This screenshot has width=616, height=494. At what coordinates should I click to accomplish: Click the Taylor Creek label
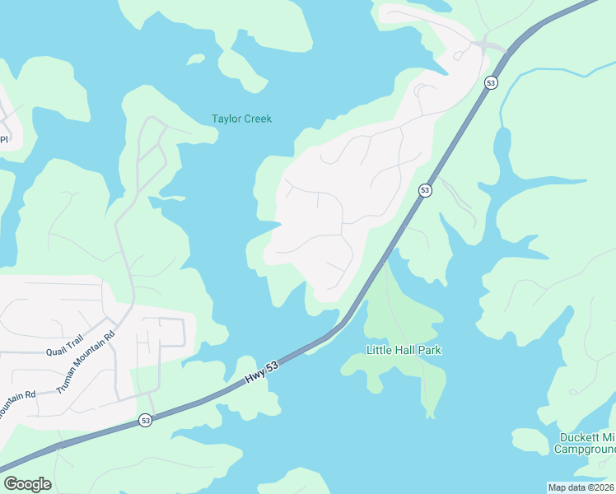(241, 119)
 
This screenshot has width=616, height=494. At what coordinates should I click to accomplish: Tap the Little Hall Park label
(404, 350)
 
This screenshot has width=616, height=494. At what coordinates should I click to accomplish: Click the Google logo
(27, 483)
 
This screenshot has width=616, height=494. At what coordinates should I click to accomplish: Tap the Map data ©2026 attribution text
(581, 487)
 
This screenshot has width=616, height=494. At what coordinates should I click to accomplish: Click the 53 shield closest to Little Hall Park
(424, 190)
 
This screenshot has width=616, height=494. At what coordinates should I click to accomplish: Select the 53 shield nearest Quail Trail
(145, 420)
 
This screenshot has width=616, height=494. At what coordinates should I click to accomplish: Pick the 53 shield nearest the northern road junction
(491, 83)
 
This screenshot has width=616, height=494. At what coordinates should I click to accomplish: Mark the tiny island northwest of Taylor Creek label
(196, 58)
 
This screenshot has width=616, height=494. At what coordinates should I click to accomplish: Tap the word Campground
(585, 450)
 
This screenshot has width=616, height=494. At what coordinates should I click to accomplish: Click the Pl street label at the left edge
(3, 138)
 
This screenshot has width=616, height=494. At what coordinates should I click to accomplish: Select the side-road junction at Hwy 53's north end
(485, 43)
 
